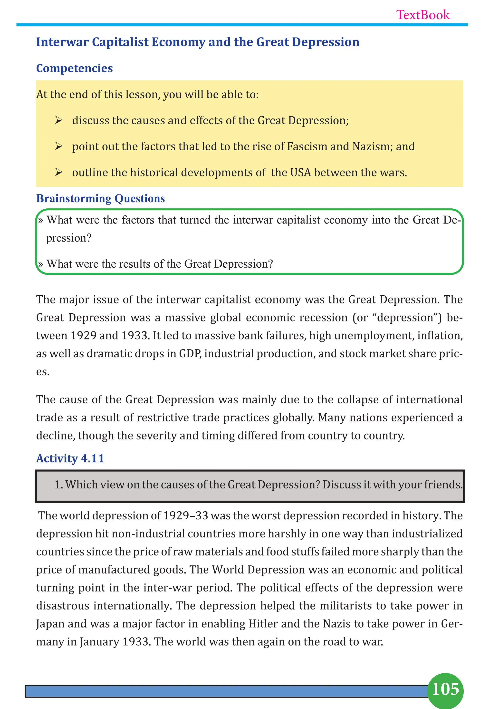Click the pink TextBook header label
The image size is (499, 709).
pyautogui.click(x=423, y=15)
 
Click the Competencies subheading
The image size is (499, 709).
pyautogui.click(x=74, y=68)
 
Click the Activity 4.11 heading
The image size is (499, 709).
pyautogui.click(x=70, y=458)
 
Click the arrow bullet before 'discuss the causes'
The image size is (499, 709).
pyautogui.click(x=59, y=120)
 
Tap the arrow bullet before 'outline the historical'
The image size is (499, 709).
pyautogui.click(x=59, y=172)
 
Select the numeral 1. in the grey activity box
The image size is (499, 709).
pyautogui.click(x=59, y=485)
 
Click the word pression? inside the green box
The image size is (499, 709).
pyautogui.click(x=68, y=238)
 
